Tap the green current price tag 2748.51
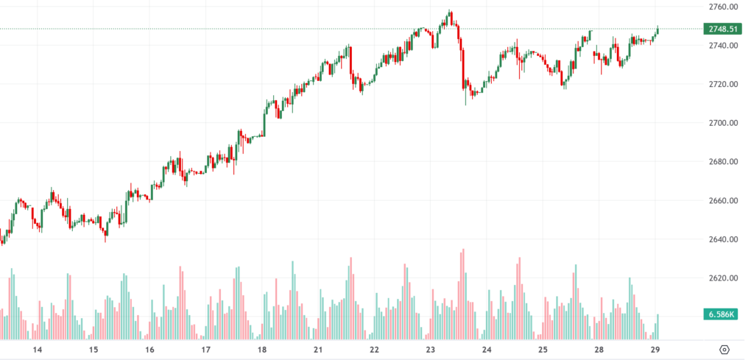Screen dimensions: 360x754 point(724,29)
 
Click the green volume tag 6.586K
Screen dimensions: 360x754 point(724,315)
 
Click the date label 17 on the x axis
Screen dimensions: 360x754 point(206,350)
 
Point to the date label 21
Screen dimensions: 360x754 point(318,350)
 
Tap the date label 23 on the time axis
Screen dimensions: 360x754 point(431,350)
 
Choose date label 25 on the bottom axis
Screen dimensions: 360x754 point(543,350)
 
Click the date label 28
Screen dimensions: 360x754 point(599,350)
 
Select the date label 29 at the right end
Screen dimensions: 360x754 point(655,350)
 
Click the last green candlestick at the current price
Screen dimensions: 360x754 point(658,30)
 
